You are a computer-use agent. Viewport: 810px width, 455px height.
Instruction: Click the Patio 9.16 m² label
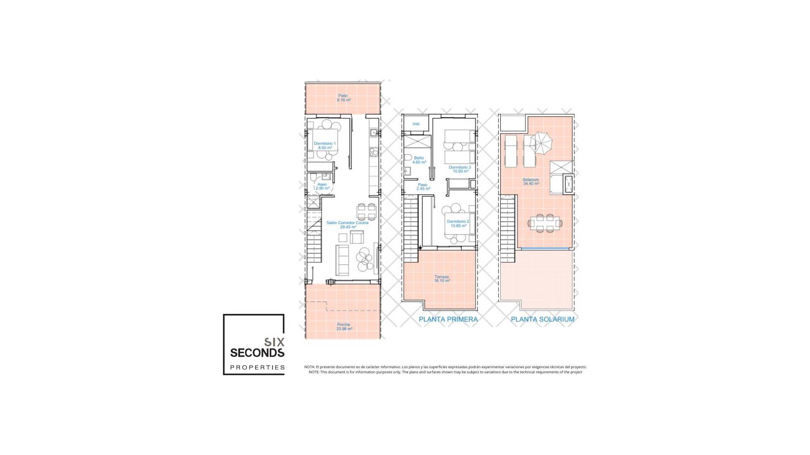click(x=343, y=98)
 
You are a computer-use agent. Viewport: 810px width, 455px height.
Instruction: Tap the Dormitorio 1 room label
click(x=324, y=146)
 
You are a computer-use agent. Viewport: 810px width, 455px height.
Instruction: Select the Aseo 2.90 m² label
click(x=322, y=186)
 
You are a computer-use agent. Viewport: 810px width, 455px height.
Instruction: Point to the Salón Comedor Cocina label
click(x=347, y=225)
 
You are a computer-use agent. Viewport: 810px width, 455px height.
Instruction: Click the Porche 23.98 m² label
click(x=344, y=327)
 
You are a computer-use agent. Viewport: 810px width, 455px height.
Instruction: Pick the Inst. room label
click(x=416, y=124)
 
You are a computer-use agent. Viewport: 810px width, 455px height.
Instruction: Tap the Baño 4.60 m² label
click(x=419, y=160)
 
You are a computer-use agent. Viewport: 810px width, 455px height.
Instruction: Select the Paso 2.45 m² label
click(x=423, y=187)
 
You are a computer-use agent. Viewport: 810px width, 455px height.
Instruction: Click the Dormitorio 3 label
click(x=460, y=169)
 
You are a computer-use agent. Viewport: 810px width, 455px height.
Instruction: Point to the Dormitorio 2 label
click(x=458, y=224)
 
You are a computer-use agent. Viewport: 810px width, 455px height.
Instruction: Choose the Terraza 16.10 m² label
click(x=442, y=279)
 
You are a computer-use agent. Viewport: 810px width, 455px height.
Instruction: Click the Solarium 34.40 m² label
click(x=531, y=182)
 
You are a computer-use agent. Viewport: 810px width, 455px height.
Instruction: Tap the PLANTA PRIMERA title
click(x=448, y=319)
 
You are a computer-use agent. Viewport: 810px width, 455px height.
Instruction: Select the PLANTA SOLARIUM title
click(x=543, y=319)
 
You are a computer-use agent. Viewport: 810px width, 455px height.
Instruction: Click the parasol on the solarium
click(x=541, y=142)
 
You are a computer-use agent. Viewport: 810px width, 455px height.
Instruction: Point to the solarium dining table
click(x=545, y=223)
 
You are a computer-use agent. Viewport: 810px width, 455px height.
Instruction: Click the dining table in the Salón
click(x=367, y=211)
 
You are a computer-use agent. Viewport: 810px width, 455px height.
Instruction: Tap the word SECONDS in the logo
click(x=257, y=352)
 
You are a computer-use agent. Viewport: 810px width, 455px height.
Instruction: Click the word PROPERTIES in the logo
click(x=257, y=367)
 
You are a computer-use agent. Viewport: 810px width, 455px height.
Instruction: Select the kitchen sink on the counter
click(x=373, y=133)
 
